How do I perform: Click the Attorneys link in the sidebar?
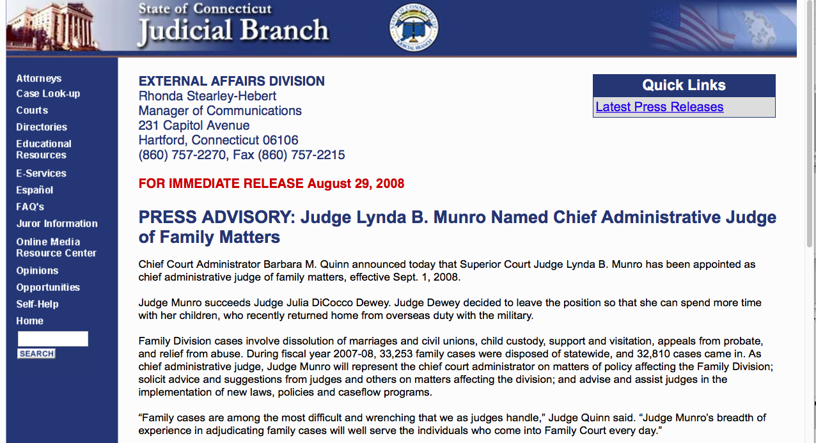click(38, 79)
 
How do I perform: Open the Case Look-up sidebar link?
click(48, 94)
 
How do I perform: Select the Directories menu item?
click(42, 127)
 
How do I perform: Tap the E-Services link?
click(41, 173)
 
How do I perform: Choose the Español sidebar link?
click(35, 190)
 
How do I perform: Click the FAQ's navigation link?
click(30, 207)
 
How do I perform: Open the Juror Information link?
click(57, 224)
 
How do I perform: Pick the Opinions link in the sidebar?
click(37, 271)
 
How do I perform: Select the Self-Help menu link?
click(37, 304)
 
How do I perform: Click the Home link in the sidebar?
click(29, 321)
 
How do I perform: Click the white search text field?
click(52, 339)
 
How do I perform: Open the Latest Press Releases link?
click(659, 107)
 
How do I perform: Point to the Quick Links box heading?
click(684, 86)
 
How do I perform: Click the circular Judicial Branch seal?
click(414, 27)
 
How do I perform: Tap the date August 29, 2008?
click(356, 184)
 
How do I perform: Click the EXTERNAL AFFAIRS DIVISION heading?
click(231, 81)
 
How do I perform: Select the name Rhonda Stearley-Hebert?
click(207, 97)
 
